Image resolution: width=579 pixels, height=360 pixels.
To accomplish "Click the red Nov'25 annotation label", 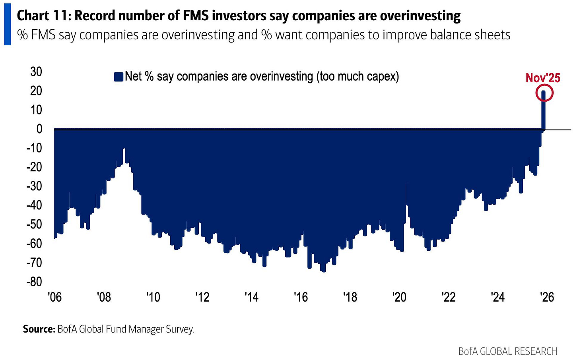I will (542, 77).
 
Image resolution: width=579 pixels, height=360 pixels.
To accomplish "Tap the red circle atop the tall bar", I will (544, 93).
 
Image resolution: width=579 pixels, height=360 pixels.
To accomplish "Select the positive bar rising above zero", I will (544, 111).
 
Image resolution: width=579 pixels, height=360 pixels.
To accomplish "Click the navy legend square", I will (118, 77).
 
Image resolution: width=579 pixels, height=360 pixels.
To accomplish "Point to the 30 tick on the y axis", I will (36, 72).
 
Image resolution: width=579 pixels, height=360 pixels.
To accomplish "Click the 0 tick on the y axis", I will (39, 129).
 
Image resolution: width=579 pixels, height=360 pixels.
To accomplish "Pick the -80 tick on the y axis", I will (34, 281).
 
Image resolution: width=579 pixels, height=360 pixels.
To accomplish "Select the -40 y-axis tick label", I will (34, 205).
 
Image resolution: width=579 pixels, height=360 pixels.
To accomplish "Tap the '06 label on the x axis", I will (54, 297).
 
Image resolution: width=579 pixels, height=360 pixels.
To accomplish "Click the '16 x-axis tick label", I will (301, 297).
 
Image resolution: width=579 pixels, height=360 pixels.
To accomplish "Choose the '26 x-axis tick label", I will (547, 297).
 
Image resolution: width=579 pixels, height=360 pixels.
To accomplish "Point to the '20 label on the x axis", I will (399, 297).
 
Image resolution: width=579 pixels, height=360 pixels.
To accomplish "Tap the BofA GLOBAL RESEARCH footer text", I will (507, 351).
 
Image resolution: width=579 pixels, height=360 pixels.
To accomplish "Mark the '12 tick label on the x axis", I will (202, 297).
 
